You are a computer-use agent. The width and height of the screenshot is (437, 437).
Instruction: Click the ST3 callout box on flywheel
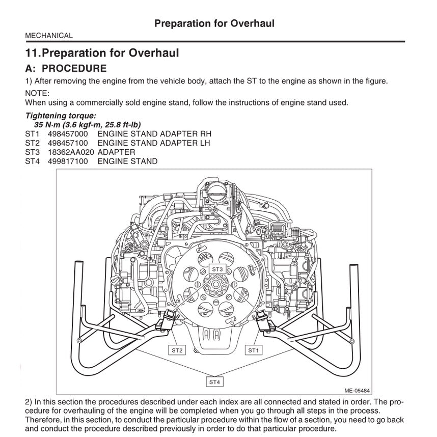[x=217, y=268]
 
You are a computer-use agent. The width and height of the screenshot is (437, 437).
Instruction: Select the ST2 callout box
[x=177, y=350]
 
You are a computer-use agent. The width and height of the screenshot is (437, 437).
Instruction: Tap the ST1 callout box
[x=254, y=350]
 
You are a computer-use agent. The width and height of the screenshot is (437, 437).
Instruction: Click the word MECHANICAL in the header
[x=49, y=36]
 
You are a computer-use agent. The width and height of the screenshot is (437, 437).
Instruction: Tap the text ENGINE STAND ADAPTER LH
[x=153, y=143]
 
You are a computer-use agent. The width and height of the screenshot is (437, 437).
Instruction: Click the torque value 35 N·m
[x=48, y=125]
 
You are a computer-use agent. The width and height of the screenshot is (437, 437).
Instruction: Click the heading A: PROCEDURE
[x=66, y=68]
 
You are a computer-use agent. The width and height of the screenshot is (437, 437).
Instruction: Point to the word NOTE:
[x=37, y=93]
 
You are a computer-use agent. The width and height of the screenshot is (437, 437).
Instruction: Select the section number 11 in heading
[x=32, y=53]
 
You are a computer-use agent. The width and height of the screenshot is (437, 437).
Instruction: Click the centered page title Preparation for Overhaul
[x=214, y=23]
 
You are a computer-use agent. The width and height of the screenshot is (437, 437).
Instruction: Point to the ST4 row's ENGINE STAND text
[x=127, y=161]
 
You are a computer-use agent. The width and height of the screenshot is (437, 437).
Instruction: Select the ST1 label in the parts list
[x=32, y=134]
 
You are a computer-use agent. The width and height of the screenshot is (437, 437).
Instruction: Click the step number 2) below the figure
[x=29, y=401]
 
